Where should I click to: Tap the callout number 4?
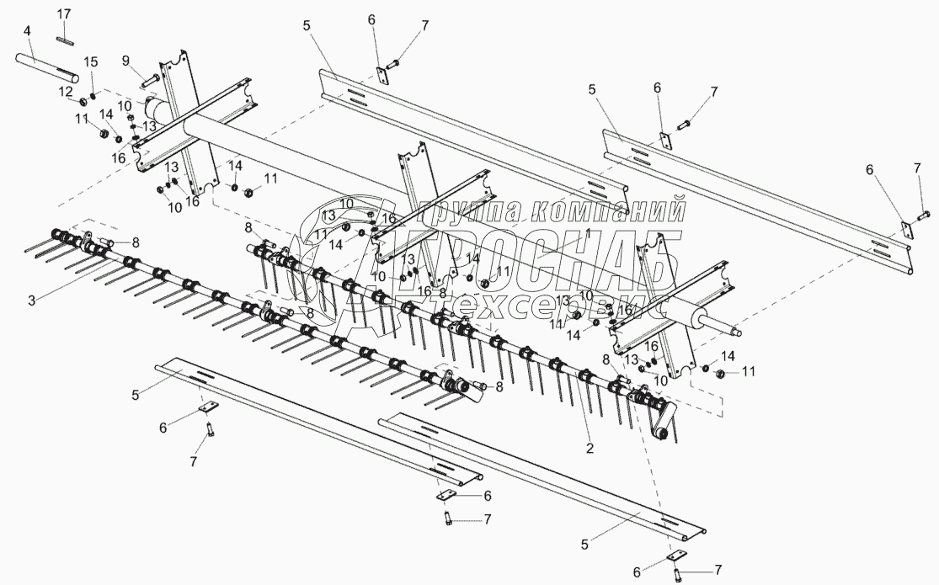point(28,31)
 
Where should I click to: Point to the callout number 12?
point(65,90)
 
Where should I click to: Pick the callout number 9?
point(125,61)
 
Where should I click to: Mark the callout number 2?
point(590,449)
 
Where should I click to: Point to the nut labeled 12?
point(85,102)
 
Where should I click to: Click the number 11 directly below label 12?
point(82,120)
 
